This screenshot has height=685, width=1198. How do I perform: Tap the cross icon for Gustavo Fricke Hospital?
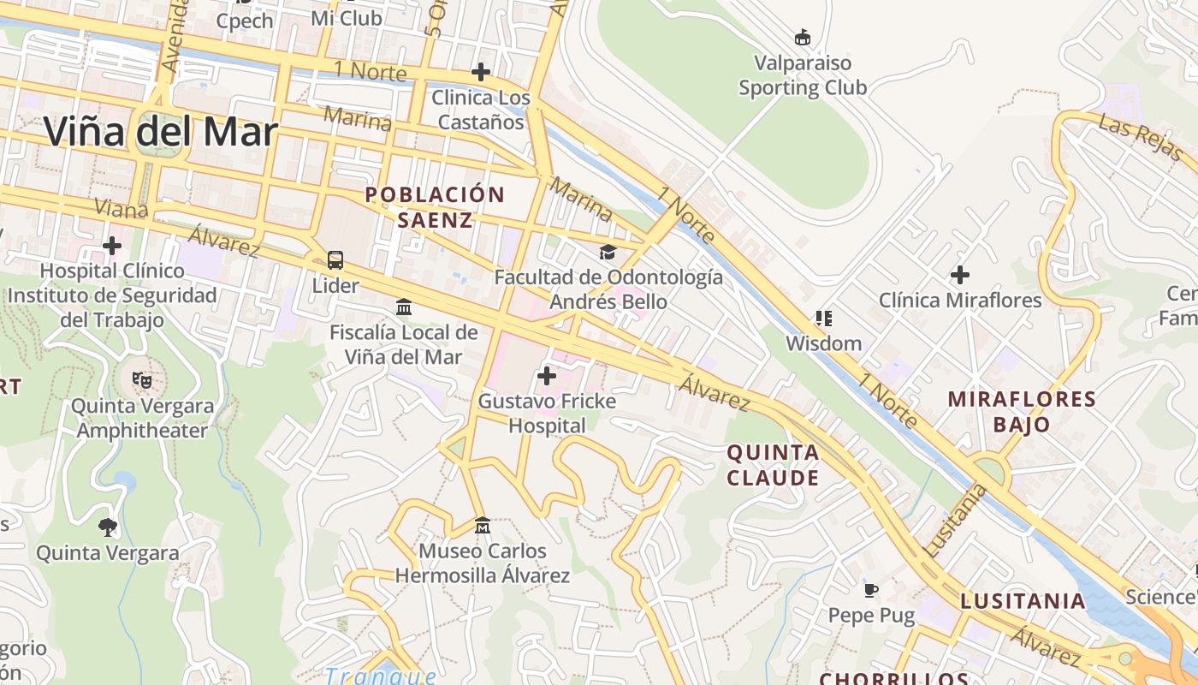click(x=546, y=376)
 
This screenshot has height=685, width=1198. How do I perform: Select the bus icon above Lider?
click(x=335, y=260)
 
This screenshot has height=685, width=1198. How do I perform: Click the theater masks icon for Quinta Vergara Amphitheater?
click(x=141, y=379)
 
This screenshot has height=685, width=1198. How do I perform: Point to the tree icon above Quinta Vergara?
click(x=108, y=527)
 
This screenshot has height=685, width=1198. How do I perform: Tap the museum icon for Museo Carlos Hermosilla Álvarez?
click(x=482, y=525)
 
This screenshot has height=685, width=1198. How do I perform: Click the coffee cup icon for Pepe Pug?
click(x=871, y=590)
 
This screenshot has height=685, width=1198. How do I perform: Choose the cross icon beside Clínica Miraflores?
click(x=960, y=275)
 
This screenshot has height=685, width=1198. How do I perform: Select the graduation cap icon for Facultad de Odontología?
click(x=608, y=252)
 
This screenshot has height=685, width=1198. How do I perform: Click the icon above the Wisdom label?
click(x=823, y=319)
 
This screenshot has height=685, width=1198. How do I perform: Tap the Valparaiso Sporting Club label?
click(x=803, y=75)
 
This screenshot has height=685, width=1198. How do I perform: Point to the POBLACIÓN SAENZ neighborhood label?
click(x=435, y=207)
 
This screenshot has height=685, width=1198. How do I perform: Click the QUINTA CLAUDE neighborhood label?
click(x=773, y=465)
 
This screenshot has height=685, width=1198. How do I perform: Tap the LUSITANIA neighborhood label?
click(x=1023, y=601)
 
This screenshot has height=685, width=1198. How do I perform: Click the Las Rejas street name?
click(x=1141, y=139)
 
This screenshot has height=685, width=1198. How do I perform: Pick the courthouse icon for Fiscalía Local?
click(x=403, y=307)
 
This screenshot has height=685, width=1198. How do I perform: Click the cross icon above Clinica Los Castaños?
click(x=481, y=72)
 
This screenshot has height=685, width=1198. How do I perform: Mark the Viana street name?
click(x=121, y=208)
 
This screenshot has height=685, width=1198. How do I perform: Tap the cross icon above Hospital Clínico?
click(x=112, y=247)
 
